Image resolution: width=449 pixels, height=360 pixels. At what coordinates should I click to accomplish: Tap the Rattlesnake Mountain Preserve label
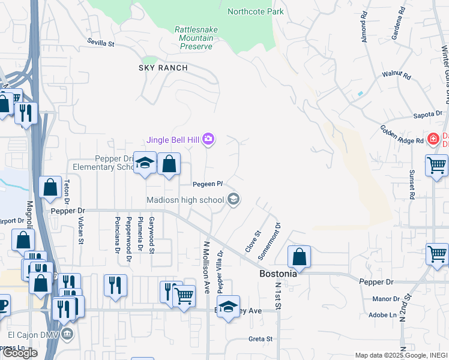[x=193, y=38]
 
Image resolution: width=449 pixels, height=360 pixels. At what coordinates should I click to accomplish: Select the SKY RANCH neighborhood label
[x=163, y=68]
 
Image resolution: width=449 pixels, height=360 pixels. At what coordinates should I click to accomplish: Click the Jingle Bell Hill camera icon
[x=208, y=140]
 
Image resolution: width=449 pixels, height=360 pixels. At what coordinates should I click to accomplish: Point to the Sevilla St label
[x=100, y=43]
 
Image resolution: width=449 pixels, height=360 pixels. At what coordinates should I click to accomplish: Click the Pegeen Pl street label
[x=208, y=184]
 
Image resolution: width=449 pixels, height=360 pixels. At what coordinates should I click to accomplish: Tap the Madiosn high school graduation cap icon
[x=234, y=200]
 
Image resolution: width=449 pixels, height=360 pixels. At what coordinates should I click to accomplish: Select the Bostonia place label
[x=278, y=273]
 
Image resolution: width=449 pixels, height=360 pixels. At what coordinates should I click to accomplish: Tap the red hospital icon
[x=433, y=139]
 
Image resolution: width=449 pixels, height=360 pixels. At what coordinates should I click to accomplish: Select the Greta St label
[x=261, y=339]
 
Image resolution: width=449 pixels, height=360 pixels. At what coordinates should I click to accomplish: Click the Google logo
[x=20, y=353]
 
